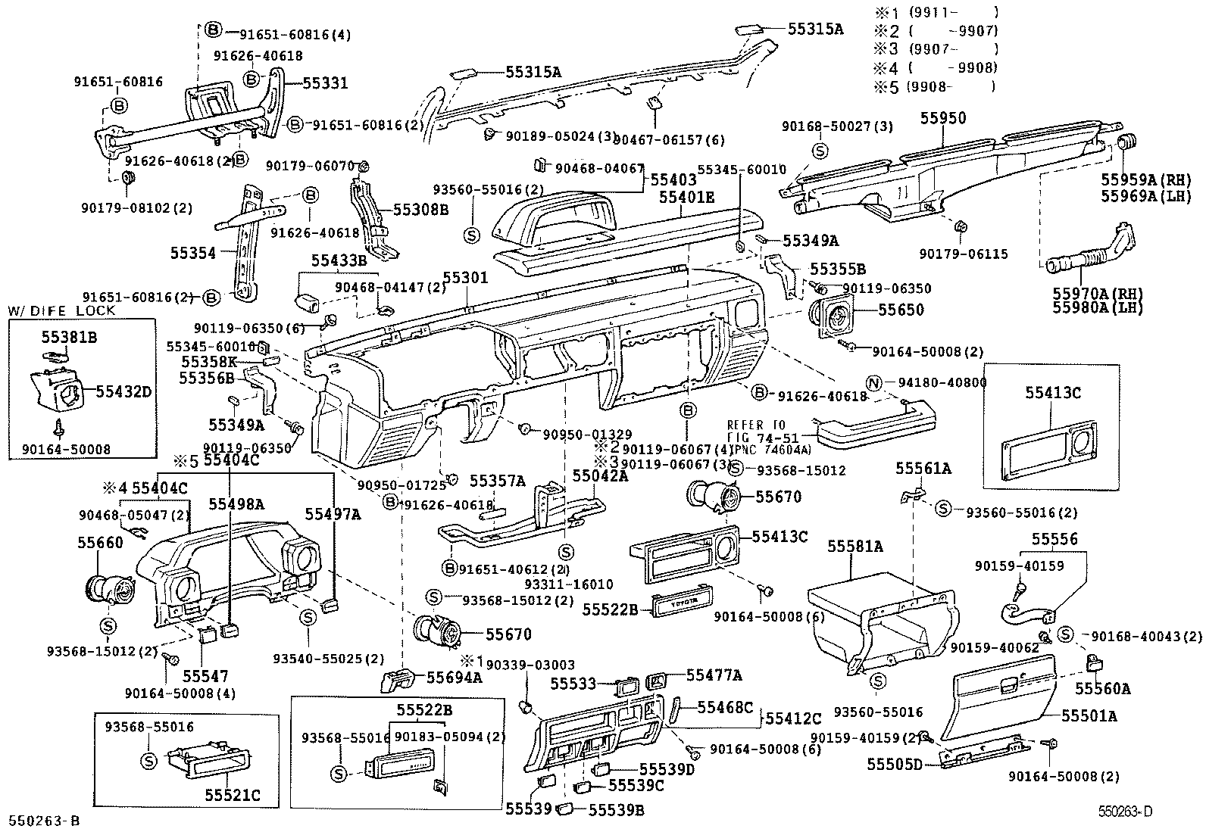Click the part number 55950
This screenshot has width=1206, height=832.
[x=943, y=118]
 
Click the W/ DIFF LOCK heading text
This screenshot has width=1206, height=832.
[x=61, y=310]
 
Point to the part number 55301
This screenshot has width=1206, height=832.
[x=465, y=279]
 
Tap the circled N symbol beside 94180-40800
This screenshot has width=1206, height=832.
[x=873, y=384]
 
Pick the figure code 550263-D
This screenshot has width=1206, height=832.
[x=1126, y=812]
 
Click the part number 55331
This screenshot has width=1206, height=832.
[x=325, y=83]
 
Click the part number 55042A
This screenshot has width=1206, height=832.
[x=600, y=475]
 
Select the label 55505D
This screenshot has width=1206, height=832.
[x=895, y=765]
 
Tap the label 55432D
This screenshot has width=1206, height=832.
[x=123, y=391]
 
